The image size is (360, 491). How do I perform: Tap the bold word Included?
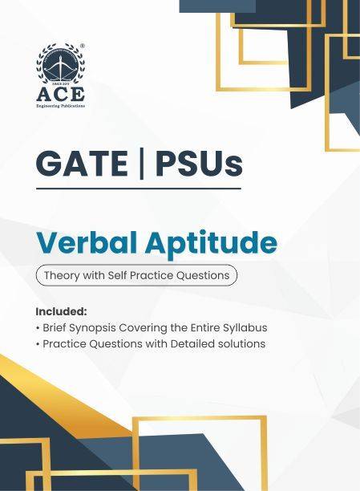click(61, 310)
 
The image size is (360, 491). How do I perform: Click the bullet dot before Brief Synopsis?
click(38, 327)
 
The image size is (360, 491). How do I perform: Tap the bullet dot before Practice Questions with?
click(38, 344)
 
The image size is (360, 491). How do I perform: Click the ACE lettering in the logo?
click(61, 95)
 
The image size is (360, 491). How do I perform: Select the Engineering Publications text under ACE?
click(61, 105)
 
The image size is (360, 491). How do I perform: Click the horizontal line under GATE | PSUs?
click(138, 188)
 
